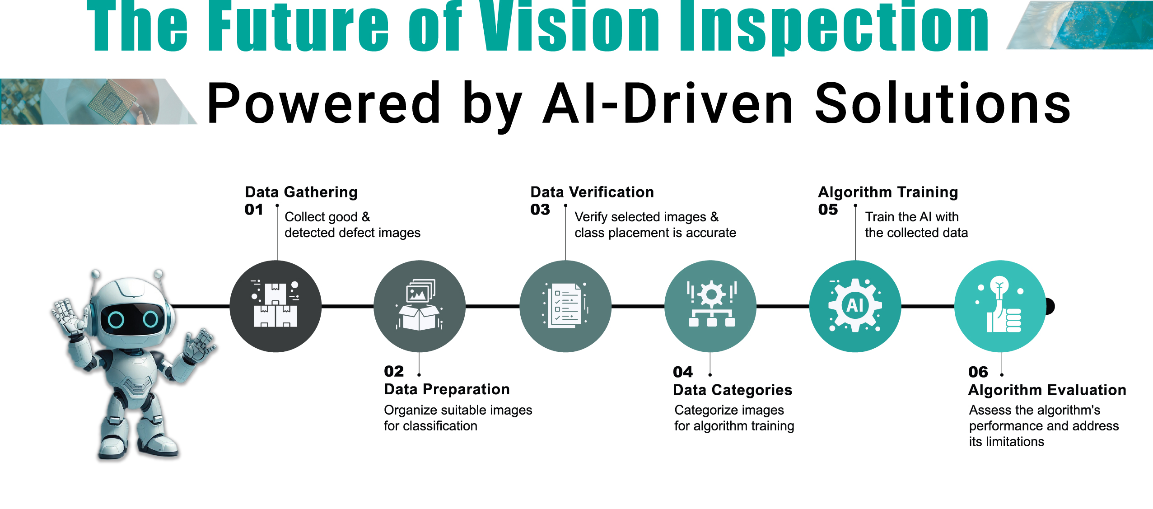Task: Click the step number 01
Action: [253, 210]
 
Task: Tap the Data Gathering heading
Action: [301, 192]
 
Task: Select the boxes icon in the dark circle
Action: [275, 306]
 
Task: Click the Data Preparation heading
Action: [447, 389]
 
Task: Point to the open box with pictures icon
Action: [420, 306]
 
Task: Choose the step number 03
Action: [540, 210]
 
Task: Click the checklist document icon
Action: [565, 306]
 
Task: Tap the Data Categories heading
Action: [732, 390]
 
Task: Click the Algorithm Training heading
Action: [888, 192]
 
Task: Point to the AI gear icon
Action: [855, 306]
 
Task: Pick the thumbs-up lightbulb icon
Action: [1000, 306]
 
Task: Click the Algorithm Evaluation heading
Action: [1047, 390]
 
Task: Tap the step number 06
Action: [978, 372]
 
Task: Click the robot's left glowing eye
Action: [116, 320]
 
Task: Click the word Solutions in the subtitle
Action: [943, 104]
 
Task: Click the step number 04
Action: [682, 372]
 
